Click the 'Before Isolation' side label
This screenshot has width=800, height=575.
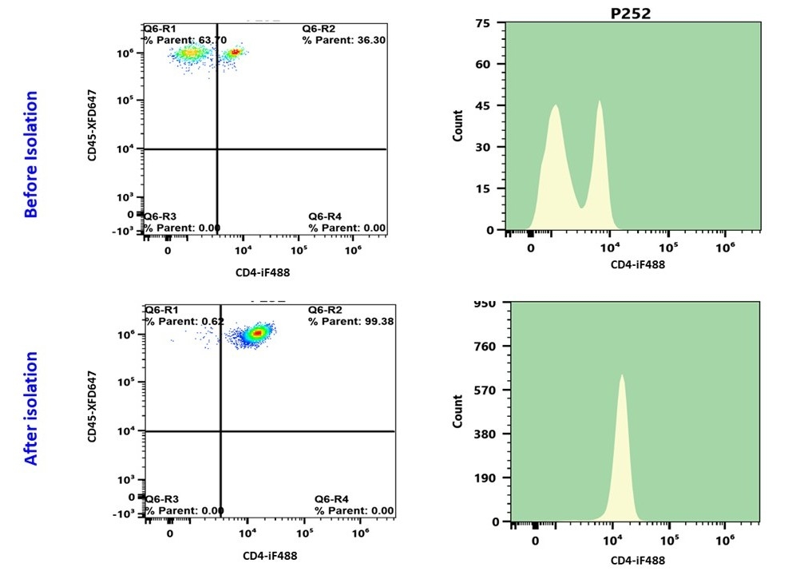30,154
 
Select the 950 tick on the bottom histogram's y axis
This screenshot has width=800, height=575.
486,303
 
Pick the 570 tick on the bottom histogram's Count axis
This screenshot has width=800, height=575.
486,391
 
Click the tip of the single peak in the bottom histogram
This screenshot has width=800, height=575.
621,375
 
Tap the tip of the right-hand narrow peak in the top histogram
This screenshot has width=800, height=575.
599,101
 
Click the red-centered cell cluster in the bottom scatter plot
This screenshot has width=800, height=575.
256,332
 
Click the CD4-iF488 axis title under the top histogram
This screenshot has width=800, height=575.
637,264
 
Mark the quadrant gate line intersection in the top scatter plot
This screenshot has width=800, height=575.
217,149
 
